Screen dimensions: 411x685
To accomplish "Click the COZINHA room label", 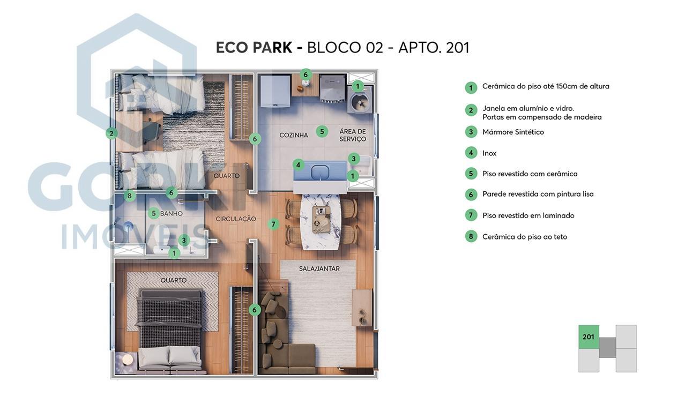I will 293,135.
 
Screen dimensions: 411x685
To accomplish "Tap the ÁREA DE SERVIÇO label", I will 352,135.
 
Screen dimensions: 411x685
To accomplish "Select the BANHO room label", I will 171,213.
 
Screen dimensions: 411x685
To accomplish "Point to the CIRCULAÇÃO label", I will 236,219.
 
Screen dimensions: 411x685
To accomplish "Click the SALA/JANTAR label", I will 319,268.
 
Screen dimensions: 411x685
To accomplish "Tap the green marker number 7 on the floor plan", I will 273,224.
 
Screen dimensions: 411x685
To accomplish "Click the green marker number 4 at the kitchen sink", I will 299,165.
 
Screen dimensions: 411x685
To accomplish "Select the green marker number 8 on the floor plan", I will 129,196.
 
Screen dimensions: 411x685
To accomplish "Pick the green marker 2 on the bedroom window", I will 111,133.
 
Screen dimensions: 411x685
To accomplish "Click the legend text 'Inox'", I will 489,153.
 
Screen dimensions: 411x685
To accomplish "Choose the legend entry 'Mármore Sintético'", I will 513,132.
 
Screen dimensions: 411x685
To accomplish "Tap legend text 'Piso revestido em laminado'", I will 528,215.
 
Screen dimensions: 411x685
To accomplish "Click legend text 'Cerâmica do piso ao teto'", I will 524,236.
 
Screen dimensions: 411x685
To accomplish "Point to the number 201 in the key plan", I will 589,337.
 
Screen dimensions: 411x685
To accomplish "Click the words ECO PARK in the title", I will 254,48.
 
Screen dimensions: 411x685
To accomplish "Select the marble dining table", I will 321,220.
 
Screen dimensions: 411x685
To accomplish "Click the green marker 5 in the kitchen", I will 322,131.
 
